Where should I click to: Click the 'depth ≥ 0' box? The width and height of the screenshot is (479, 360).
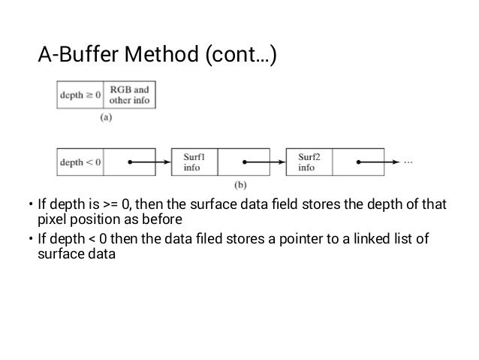(x=80, y=95)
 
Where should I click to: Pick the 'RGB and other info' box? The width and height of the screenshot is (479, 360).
(x=130, y=95)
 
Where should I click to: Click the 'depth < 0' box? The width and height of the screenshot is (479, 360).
(x=80, y=162)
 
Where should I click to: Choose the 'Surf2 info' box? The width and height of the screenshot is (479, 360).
(x=309, y=162)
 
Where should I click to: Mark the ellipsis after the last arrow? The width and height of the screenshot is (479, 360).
(x=408, y=162)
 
